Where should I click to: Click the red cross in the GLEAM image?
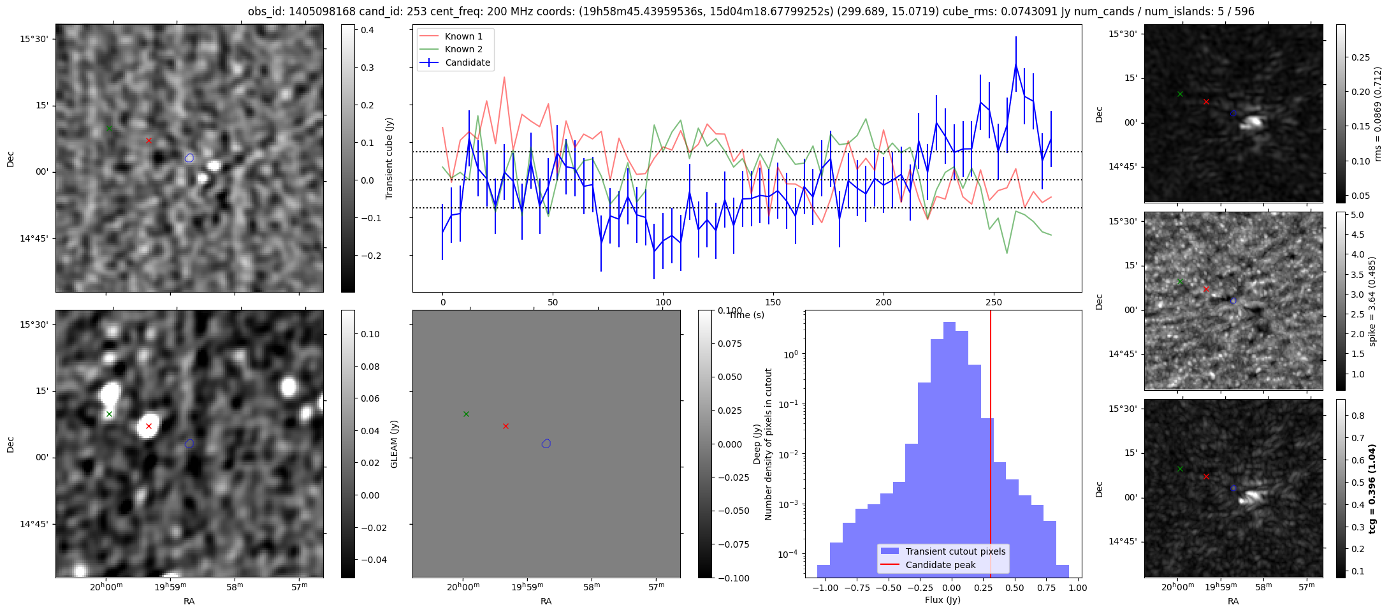pos(149,426)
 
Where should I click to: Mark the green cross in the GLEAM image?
pos(109,414)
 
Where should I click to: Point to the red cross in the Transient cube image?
pos(149,140)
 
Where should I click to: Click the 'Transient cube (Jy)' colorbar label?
pos(389,158)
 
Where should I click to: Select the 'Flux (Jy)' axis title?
pos(943,600)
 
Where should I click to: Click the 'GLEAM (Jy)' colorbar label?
pos(394,444)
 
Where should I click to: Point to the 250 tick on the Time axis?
pos(994,302)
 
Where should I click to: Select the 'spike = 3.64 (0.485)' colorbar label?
pos(1372,301)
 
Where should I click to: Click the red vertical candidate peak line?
pos(991,444)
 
